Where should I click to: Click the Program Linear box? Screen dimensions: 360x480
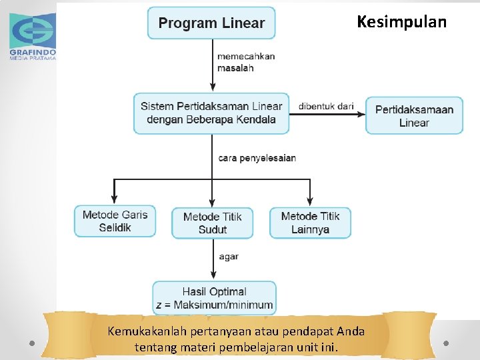click(x=211, y=23)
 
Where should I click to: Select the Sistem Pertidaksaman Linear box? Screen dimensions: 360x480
click(x=211, y=113)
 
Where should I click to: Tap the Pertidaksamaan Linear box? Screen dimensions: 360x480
click(x=414, y=115)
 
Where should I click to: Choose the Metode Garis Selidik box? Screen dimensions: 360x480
click(x=115, y=221)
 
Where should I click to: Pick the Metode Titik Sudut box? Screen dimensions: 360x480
click(x=212, y=223)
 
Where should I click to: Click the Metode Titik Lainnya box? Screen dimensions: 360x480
click(x=310, y=222)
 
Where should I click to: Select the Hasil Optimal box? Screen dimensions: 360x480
click(x=214, y=298)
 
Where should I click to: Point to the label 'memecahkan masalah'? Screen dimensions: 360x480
click(x=245, y=62)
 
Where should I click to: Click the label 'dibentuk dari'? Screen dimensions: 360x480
click(x=326, y=106)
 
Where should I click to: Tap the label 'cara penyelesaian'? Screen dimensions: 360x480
click(x=257, y=158)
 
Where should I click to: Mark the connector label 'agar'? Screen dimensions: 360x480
click(x=228, y=257)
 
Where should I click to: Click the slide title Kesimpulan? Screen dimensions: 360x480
click(x=401, y=22)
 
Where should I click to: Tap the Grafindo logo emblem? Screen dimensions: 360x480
click(x=32, y=28)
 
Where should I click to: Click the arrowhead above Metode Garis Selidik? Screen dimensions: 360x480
click(x=114, y=199)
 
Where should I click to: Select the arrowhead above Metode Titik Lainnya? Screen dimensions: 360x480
click(x=310, y=201)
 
